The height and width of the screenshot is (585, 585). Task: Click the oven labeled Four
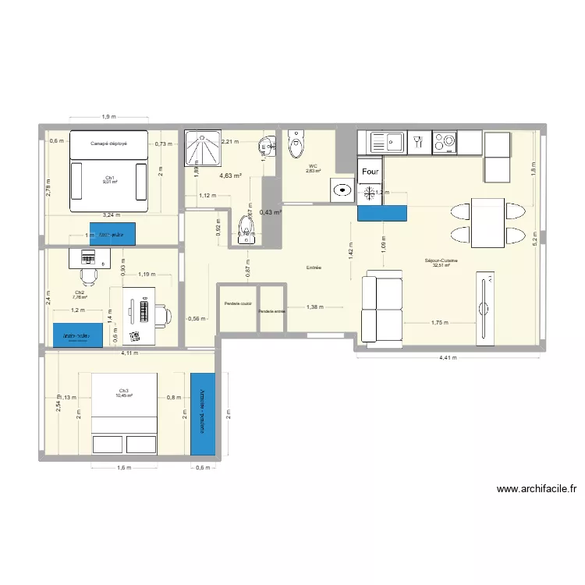[370, 171]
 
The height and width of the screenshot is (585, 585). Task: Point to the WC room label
[313, 167]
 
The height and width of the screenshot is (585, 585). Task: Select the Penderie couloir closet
[237, 303]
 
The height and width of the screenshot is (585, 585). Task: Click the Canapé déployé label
[108, 144]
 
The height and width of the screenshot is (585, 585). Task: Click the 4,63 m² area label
[230, 176]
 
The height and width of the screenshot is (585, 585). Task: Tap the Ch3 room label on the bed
[124, 391]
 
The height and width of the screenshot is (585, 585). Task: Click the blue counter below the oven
[382, 214]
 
